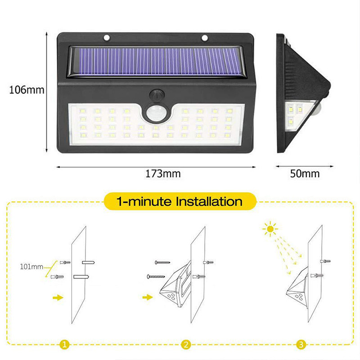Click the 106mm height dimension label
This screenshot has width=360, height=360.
point(27,90)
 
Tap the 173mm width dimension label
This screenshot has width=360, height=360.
point(163,174)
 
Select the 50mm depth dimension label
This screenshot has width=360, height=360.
point(305,174)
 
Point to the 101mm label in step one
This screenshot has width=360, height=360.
point(31,266)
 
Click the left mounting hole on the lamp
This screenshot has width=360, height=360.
point(107,38)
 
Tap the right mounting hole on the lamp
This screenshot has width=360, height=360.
point(205,38)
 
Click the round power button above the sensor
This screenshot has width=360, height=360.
point(157,95)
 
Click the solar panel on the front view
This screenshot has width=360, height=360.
point(156,62)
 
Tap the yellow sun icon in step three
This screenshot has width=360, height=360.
point(270,229)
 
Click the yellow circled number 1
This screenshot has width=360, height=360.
point(64,344)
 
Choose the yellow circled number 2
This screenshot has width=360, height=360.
point(186,344)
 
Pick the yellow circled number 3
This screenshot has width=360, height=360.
point(301,344)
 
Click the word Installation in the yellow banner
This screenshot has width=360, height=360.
point(209,202)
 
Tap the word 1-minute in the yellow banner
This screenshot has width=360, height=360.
point(144,202)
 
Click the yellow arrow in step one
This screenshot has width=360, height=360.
point(58,297)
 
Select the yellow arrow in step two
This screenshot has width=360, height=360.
point(148,297)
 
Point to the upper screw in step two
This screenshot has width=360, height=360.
point(162,262)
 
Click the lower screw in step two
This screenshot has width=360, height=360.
point(156,277)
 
